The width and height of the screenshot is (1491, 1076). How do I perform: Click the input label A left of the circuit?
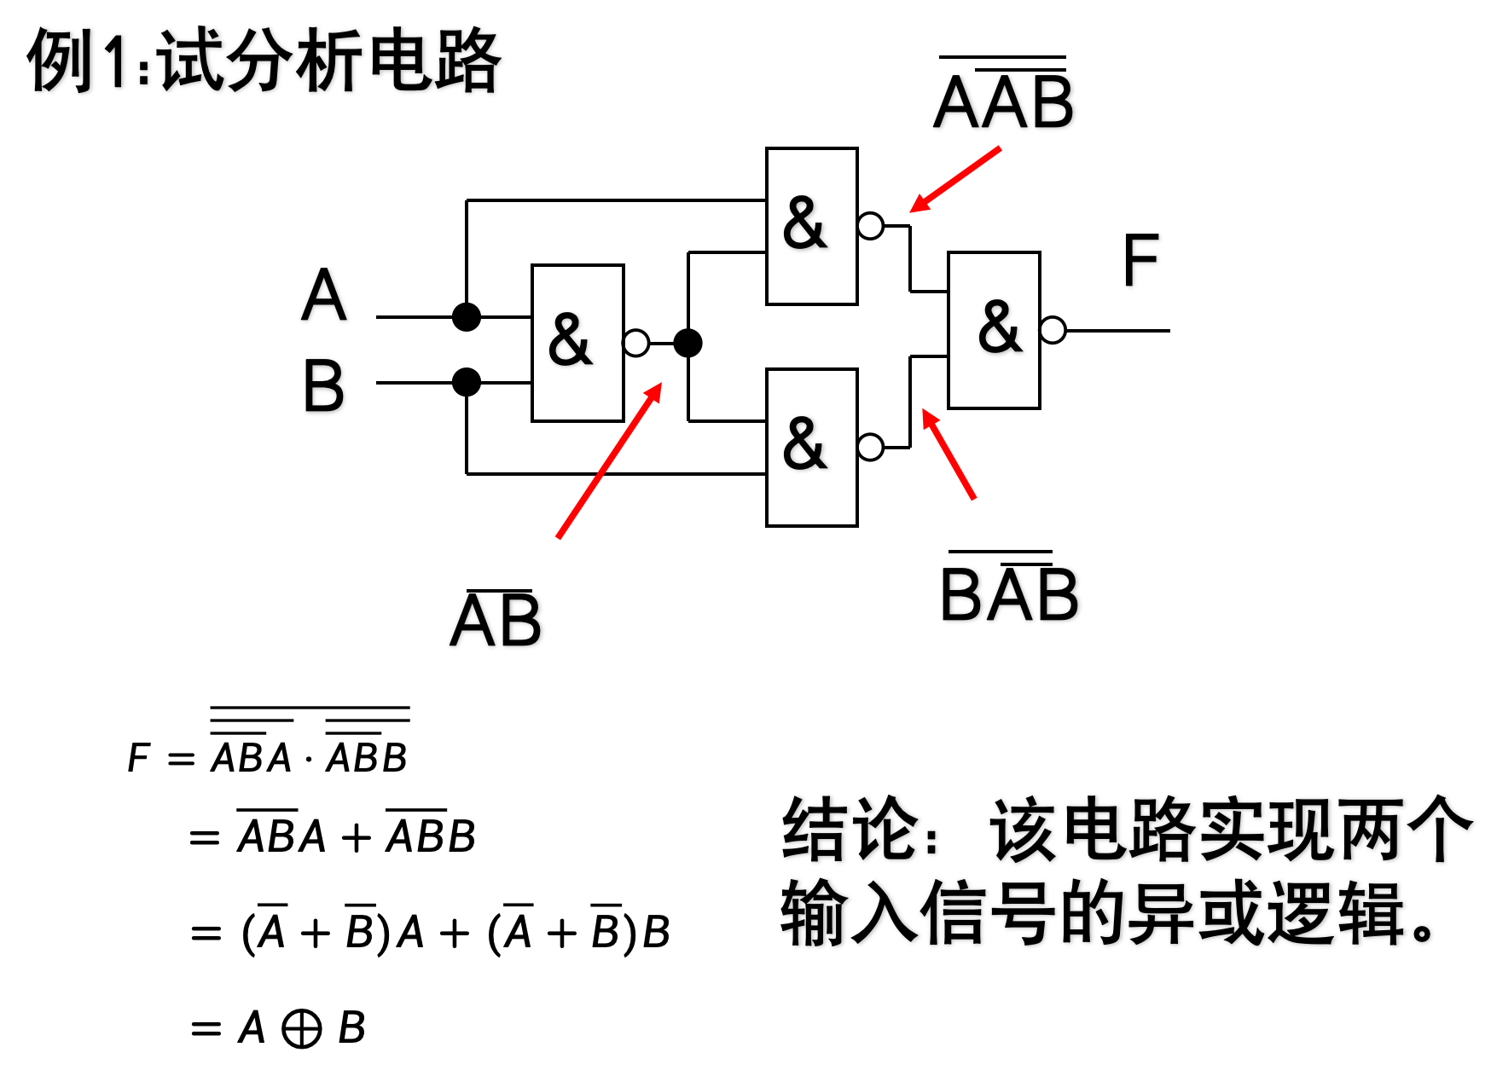pos(324,295)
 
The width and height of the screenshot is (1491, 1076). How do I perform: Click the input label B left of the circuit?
pos(323,385)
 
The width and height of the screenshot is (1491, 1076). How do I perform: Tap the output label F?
pos(1140,260)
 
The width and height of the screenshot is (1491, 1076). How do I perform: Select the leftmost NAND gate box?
pos(577,343)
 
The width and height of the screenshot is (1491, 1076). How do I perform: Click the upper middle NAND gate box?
pos(811,226)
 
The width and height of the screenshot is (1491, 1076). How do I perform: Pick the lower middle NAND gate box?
pos(811,447)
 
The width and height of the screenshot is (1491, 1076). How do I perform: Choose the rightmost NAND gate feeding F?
pos(994,330)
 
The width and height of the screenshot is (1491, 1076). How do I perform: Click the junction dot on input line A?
pos(467,317)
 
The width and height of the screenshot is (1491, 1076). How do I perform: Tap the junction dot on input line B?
pos(467,382)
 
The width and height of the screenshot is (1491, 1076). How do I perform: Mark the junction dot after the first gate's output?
pos(687,343)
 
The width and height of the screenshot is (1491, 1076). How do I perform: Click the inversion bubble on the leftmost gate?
pos(636,343)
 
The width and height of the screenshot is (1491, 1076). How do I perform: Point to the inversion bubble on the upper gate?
pos(870,226)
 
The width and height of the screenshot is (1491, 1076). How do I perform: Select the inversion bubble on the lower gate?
pos(870,447)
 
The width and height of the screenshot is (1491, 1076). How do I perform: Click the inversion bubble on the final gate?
pos(1053,330)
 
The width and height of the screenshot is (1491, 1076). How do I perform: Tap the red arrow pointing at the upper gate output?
pos(954,180)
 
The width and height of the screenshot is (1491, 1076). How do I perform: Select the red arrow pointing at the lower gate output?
pos(949,454)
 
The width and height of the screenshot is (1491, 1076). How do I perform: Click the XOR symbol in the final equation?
pos(302,1028)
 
